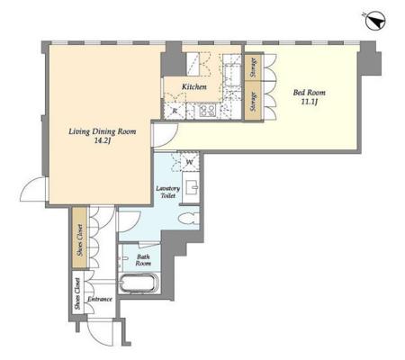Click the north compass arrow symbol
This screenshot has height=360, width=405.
coord(375,21)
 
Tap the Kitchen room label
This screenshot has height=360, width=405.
coord(194,87)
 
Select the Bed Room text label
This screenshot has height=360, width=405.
coord(309,93)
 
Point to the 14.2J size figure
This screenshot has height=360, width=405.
coord(103,140)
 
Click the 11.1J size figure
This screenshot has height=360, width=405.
coord(310,102)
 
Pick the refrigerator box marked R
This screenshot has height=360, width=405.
coord(175,111)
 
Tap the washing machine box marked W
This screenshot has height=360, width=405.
coord(189,162)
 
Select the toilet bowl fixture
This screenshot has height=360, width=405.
coord(189,219)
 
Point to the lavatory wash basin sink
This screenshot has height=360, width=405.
coord(192,187)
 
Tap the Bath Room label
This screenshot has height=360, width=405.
coord(143,260)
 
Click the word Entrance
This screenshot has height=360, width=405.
coord(100,299)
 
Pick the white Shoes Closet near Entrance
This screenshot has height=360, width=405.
coord(78,292)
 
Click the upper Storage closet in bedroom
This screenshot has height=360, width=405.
coord(254,67)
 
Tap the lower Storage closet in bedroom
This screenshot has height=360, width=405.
coord(254,101)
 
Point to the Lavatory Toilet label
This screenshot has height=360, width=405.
coord(168,192)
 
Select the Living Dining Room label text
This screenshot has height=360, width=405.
coord(103,131)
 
